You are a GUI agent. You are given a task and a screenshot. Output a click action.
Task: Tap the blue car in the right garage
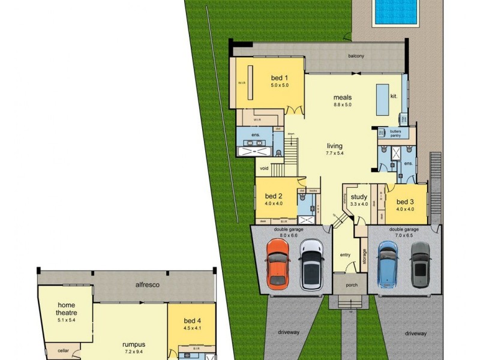(x=388, y=264)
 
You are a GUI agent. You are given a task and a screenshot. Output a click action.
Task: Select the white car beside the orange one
(x=311, y=264)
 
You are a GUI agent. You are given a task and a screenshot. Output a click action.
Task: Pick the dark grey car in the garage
(x=420, y=264)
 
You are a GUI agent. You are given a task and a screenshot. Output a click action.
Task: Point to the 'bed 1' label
(x=280, y=78)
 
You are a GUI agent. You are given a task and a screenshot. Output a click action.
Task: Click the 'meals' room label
(x=343, y=97)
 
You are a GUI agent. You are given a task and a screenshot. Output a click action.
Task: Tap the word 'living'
(x=334, y=146)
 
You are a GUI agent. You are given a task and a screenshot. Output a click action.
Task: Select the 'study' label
(x=359, y=197)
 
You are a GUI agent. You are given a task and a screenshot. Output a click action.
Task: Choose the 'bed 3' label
(x=406, y=202)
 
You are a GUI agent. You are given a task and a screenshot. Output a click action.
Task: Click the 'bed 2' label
(x=274, y=196)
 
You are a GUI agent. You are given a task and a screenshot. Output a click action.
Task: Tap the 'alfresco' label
(x=147, y=284)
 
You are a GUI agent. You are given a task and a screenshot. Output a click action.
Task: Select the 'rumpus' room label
(x=133, y=344)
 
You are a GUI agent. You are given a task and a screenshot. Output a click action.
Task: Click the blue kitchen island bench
(x=382, y=99)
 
